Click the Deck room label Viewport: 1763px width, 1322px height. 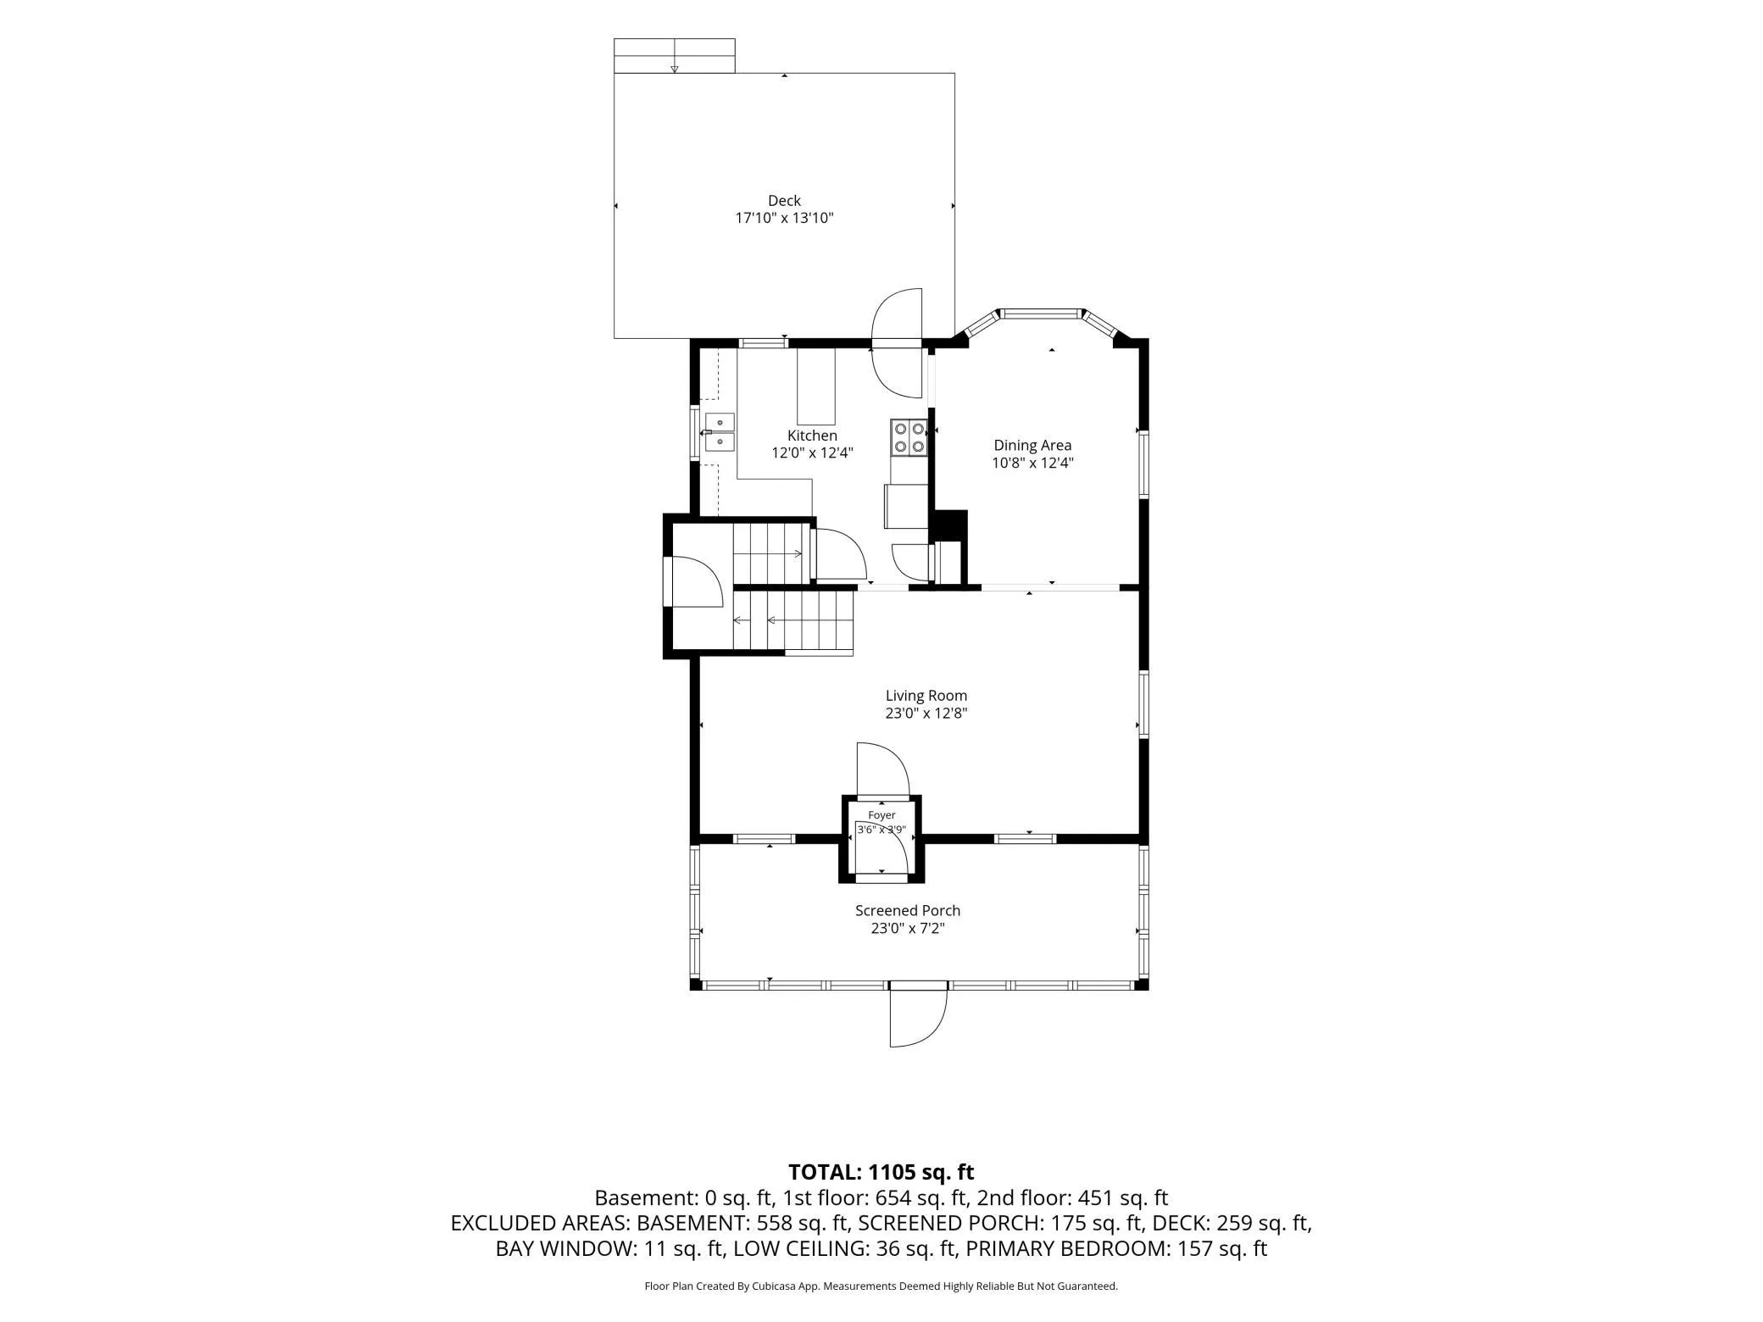(x=784, y=201)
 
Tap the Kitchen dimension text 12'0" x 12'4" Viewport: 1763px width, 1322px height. (x=812, y=453)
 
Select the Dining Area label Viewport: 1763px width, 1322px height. (x=1032, y=445)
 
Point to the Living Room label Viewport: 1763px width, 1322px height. (x=926, y=696)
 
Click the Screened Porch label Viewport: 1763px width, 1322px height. (x=908, y=910)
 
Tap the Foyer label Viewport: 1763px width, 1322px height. (x=881, y=815)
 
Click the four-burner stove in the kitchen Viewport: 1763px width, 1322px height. (x=909, y=437)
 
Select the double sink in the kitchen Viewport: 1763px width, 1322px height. (x=720, y=432)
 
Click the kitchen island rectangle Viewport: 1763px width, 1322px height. (x=816, y=386)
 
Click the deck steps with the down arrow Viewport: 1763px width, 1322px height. (x=674, y=56)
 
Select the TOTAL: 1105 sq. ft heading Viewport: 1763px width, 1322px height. (x=881, y=1172)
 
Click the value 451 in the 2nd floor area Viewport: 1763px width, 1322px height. (x=1094, y=1198)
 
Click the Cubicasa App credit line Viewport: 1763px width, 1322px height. (x=881, y=1286)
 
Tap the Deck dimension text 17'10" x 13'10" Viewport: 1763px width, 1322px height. (x=784, y=218)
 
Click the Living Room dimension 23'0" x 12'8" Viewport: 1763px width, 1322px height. (x=926, y=714)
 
